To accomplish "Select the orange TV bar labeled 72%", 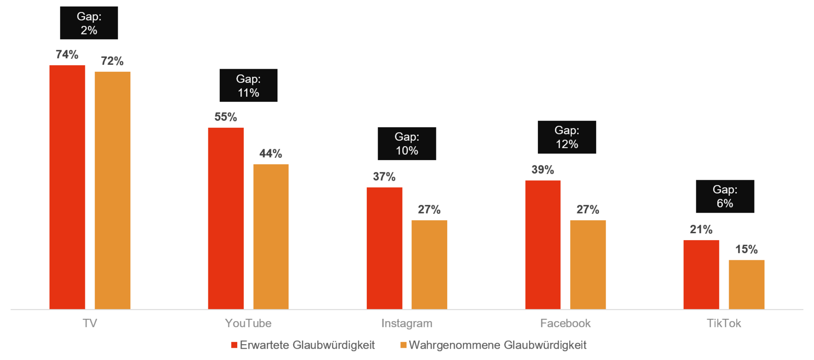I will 112,190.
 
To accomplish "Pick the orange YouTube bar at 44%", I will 271,236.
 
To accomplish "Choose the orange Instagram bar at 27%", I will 429,264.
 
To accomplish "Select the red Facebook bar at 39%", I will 543,245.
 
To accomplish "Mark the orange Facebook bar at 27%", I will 588,264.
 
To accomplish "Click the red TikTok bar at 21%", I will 701,274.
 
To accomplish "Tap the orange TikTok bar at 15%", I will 747,284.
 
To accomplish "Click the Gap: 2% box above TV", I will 89,23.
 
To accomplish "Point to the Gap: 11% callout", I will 248,86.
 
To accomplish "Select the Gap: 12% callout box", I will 567,137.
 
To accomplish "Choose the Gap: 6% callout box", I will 725,196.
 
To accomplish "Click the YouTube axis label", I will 248,323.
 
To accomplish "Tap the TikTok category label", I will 724,323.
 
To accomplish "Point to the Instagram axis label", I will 407,323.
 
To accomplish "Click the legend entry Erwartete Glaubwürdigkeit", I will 303,345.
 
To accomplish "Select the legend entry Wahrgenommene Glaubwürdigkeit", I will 494,345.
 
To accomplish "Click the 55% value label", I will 225,117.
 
